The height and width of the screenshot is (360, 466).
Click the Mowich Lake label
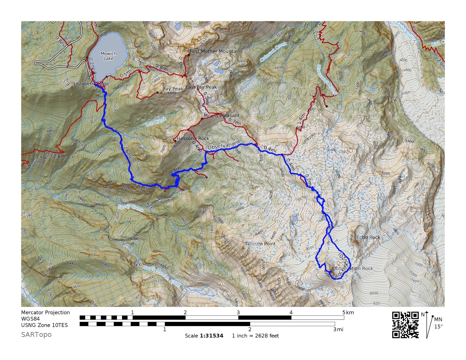108,56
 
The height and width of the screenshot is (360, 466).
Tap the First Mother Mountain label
215,51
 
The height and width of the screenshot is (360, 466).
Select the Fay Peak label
173,89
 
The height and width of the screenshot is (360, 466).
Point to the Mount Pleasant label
221,115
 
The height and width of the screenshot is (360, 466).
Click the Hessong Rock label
193,138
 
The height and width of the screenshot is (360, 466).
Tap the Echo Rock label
368,237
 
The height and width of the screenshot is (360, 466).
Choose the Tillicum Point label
260,244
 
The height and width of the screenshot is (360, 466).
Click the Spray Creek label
130,208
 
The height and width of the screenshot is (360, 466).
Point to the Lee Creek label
156,122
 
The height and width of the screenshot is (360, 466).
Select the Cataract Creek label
273,52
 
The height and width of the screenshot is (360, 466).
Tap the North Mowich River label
162,276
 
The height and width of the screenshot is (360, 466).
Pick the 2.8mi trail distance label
60,156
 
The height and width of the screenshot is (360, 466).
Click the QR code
405,325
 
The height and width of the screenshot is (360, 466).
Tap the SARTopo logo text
36,335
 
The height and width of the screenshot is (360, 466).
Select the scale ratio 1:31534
212,336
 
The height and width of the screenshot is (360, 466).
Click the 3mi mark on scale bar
338,330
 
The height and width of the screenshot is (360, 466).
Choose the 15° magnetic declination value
438,326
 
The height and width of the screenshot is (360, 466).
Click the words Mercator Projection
45,312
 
